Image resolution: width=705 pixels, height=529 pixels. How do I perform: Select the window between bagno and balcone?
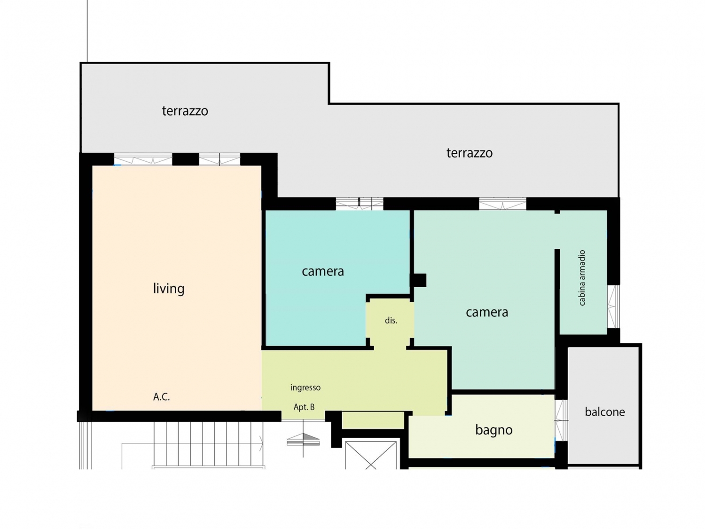561,420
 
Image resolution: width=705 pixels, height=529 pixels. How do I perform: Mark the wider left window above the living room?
143,159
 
